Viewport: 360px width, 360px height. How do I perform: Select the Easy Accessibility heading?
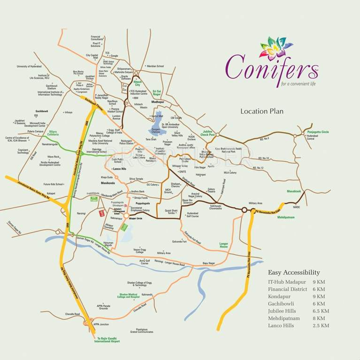[x=294, y=272]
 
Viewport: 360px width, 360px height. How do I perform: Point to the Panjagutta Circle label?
[x=318, y=132]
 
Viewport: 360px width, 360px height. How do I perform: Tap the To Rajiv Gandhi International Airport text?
[x=108, y=340]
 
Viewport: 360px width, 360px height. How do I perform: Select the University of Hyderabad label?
[x=30, y=67]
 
